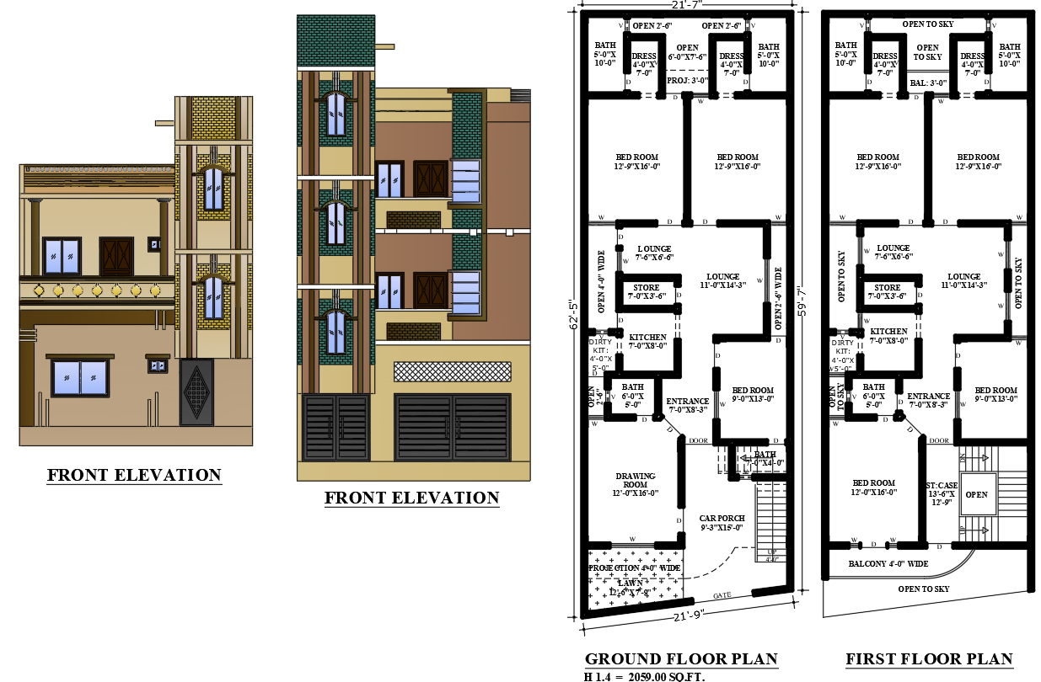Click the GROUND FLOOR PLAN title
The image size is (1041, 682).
(681, 658)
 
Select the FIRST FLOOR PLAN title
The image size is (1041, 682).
(929, 658)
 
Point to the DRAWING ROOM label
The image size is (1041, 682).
(636, 484)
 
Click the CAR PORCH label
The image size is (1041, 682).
(721, 523)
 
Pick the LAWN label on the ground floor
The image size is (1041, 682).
(630, 583)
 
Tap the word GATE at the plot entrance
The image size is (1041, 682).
(722, 595)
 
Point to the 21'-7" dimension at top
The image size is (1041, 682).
(687, 5)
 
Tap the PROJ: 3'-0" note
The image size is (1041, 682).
(687, 82)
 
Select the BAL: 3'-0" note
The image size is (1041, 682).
(928, 83)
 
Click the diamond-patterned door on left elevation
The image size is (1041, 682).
(196, 392)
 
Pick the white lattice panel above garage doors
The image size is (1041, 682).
(453, 371)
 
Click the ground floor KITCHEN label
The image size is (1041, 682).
(647, 337)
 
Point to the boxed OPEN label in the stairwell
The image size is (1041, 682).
(976, 494)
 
